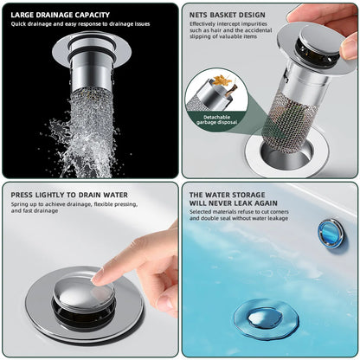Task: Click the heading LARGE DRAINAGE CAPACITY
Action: [x=61, y=13]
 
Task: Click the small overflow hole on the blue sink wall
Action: [x=330, y=232]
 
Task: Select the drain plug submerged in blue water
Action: [x=266, y=318]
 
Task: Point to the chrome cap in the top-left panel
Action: [x=90, y=44]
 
